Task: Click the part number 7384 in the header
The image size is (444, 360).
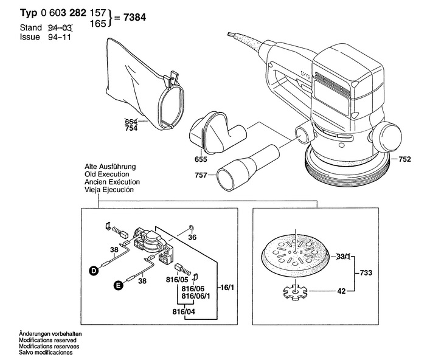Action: click(x=134, y=18)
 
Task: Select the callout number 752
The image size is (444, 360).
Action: click(x=404, y=159)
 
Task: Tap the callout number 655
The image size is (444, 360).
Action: click(x=201, y=159)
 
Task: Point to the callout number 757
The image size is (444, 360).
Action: click(x=201, y=175)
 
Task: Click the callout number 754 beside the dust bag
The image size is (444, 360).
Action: click(x=131, y=128)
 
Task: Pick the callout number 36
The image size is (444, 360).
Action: click(x=192, y=237)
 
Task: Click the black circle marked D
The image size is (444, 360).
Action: click(x=93, y=271)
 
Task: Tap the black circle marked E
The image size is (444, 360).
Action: click(x=118, y=285)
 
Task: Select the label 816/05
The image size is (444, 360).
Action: click(x=177, y=280)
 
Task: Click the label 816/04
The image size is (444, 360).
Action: click(x=184, y=312)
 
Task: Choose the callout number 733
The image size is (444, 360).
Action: click(x=366, y=273)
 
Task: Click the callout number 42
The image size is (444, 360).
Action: click(x=341, y=291)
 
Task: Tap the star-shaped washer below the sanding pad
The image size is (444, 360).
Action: click(x=295, y=292)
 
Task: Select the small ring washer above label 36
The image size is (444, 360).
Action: click(x=191, y=227)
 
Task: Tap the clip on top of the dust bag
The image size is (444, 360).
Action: click(x=173, y=78)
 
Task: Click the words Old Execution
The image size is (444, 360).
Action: click(x=107, y=175)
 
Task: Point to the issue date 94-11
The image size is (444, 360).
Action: click(x=59, y=37)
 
